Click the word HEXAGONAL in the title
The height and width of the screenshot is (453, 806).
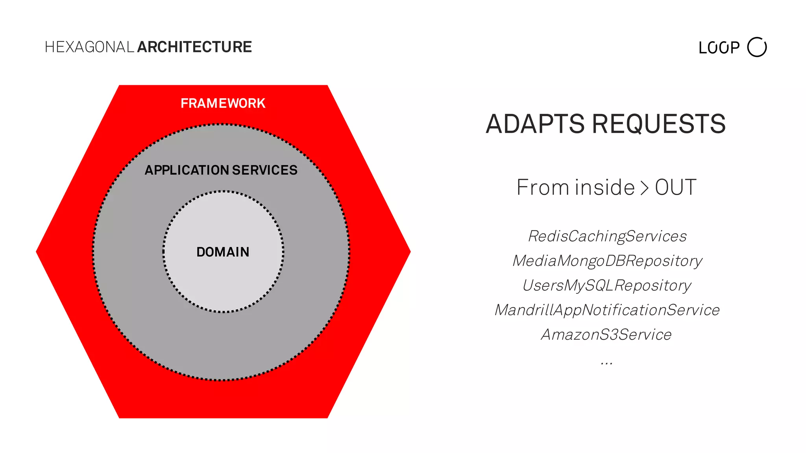click(x=89, y=47)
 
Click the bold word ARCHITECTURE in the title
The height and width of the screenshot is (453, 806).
click(x=194, y=47)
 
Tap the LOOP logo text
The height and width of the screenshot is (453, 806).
click(x=719, y=48)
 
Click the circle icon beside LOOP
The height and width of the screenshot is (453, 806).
click(x=757, y=47)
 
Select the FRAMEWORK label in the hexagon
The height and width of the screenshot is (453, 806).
click(x=223, y=103)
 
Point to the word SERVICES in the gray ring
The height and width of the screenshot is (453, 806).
click(x=265, y=170)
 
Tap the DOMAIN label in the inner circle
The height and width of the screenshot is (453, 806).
click(x=223, y=252)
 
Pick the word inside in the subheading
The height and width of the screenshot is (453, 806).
click(x=605, y=187)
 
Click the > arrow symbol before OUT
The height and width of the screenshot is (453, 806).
click(x=644, y=188)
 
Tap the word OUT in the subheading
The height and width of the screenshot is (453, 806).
click(x=675, y=187)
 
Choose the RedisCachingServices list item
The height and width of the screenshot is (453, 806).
click(x=607, y=236)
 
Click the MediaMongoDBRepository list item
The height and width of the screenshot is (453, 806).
click(x=607, y=261)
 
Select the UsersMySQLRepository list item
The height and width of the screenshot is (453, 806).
click(x=606, y=285)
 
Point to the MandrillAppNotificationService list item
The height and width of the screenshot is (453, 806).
click(x=607, y=310)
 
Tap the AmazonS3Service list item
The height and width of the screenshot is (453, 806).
click(x=606, y=335)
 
